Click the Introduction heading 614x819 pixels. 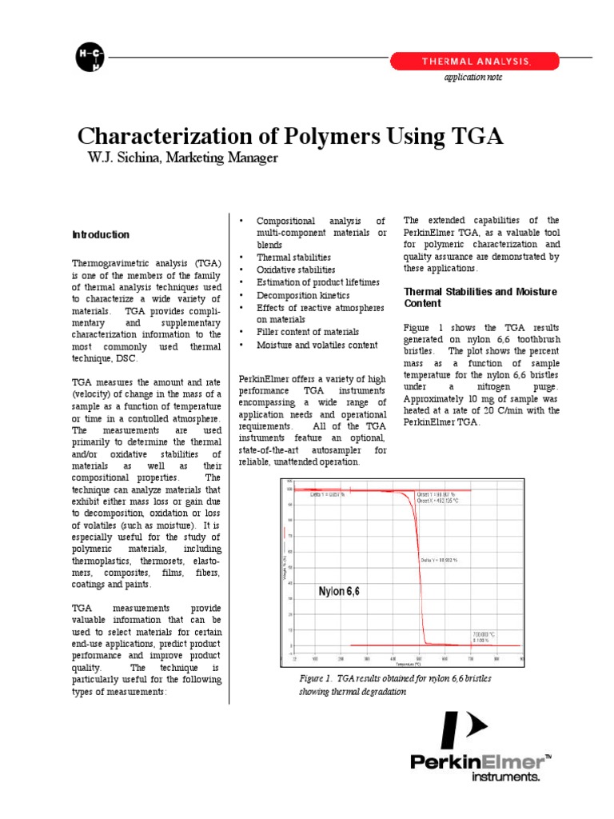pyautogui.click(x=101, y=235)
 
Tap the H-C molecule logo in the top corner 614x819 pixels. pyautogui.click(x=90, y=56)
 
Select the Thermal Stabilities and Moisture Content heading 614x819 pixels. pyautogui.click(x=480, y=298)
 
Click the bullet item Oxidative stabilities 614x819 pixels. pyautogui.click(x=296, y=270)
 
